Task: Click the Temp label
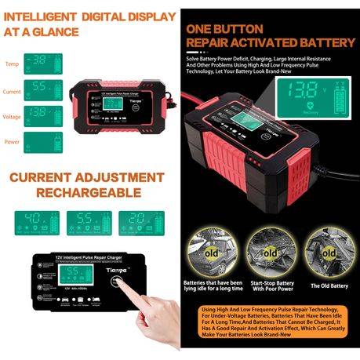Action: coord(13,64)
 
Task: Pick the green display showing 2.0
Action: coord(140,222)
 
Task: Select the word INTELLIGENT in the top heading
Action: coord(39,16)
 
